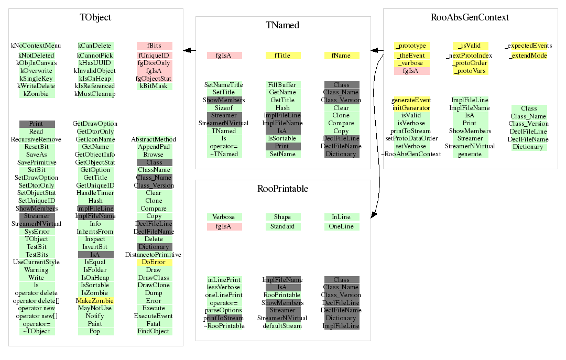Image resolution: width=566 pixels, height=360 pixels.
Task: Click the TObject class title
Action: [95, 17]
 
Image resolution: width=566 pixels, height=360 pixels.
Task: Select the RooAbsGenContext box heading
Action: [470, 17]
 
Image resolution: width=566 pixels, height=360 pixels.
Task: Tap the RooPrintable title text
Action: [282, 189]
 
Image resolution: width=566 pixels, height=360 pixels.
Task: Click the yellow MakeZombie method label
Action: [95, 300]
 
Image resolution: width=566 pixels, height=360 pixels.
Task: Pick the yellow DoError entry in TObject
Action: [154, 262]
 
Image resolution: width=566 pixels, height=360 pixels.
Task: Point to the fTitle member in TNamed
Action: [282, 56]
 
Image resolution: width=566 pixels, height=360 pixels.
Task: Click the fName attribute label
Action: [341, 56]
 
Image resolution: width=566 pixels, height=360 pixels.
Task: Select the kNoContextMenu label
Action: [36, 46]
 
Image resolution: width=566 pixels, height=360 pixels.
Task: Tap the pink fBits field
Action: [154, 46]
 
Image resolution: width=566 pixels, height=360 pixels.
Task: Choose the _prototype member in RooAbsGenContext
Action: [412, 46]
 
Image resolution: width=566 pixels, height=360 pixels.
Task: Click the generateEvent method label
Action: [411, 100]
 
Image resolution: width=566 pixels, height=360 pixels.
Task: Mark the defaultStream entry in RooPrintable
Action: [282, 326]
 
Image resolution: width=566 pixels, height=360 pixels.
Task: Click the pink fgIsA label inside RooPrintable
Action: [224, 226]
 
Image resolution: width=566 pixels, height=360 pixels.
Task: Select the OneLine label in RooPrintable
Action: [341, 226]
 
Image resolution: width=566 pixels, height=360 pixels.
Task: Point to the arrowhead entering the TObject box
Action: [187, 50]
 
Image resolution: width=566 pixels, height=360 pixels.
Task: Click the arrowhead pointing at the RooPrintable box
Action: [374, 215]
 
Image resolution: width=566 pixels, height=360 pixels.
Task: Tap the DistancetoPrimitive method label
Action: [153, 255]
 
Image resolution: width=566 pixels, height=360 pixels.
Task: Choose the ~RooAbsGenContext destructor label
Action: [411, 154]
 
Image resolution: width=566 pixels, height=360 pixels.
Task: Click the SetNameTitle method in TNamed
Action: [224, 85]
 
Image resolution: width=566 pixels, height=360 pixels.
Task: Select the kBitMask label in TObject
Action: [154, 86]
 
